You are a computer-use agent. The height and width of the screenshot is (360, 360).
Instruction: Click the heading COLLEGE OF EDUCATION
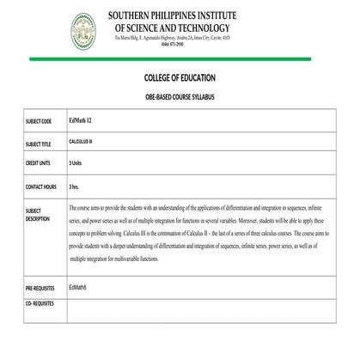point(180,76)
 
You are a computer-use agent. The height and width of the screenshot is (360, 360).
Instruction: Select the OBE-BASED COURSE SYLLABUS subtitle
point(180,95)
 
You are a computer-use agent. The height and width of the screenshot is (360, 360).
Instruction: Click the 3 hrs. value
point(74,186)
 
